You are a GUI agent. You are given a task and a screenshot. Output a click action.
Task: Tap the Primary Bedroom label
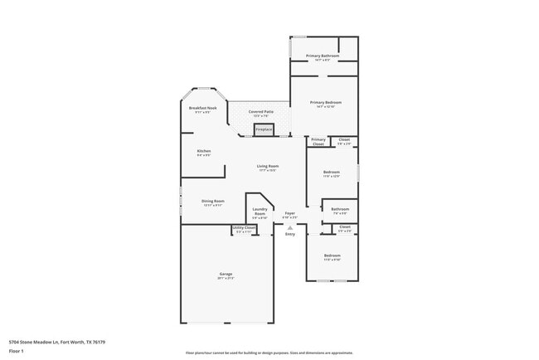[x=326, y=102]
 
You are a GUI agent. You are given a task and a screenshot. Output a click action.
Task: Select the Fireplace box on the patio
[x=264, y=129]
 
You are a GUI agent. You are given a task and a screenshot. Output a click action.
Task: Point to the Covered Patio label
[x=261, y=111]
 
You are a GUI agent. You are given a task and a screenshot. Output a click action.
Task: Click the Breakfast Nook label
[x=202, y=108]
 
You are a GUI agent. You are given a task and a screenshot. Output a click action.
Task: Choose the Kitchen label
[x=203, y=151]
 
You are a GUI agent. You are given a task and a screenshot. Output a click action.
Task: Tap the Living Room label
[x=267, y=167]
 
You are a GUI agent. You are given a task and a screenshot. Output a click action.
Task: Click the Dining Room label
[x=213, y=201]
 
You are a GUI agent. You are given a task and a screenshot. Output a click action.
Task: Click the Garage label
[x=226, y=274]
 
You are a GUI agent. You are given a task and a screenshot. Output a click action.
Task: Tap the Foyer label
[x=289, y=213]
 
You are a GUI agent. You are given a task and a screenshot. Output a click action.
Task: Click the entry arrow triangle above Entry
[x=289, y=226]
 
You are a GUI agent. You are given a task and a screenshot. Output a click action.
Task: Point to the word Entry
[x=289, y=234]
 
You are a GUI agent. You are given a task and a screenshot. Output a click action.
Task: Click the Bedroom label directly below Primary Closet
[x=332, y=172]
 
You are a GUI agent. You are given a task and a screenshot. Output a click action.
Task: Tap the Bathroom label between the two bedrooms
[x=340, y=209]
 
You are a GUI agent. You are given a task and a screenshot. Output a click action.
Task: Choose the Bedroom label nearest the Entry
[x=332, y=255]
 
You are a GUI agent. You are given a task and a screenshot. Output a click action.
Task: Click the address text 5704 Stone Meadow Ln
[x=56, y=341]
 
